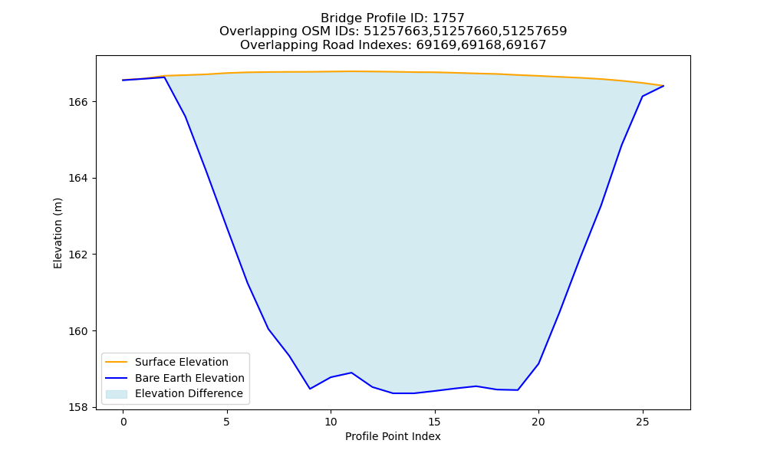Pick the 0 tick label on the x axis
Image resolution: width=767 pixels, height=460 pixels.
(x=123, y=422)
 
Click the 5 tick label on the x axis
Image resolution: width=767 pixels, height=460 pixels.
(x=227, y=422)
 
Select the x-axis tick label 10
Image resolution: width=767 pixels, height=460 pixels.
(x=331, y=422)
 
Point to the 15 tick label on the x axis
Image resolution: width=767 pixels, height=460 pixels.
(x=434, y=422)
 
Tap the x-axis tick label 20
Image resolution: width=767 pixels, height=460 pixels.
(x=538, y=422)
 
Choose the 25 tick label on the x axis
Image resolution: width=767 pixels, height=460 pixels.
(x=642, y=422)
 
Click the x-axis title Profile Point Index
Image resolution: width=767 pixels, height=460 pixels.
(x=393, y=436)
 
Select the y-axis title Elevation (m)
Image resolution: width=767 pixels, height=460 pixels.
(x=58, y=233)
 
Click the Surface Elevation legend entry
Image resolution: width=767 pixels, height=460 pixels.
(x=182, y=362)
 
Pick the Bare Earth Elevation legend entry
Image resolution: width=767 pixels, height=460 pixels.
(x=189, y=378)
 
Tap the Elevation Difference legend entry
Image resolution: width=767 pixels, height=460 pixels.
(x=189, y=393)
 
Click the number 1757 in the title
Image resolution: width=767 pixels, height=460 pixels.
(x=449, y=18)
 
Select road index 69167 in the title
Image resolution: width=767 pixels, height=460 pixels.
(x=526, y=45)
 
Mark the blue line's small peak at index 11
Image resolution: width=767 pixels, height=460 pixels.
(x=351, y=373)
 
